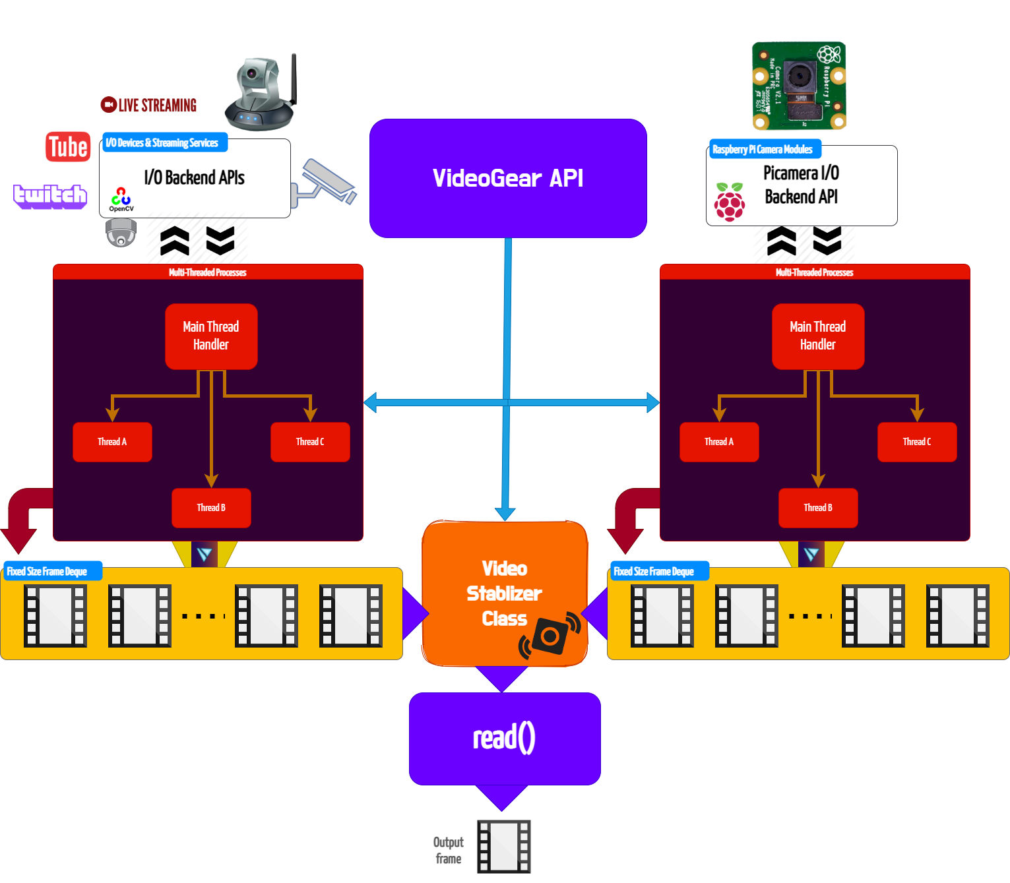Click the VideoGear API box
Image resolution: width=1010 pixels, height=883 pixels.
pyautogui.click(x=508, y=178)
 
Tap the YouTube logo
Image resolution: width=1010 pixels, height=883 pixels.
pyautogui.click(x=53, y=146)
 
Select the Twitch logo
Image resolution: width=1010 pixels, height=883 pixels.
pyautogui.click(x=50, y=196)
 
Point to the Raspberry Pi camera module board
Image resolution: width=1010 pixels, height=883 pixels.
pyautogui.click(x=799, y=86)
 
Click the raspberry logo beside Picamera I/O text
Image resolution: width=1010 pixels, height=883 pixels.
pyautogui.click(x=730, y=202)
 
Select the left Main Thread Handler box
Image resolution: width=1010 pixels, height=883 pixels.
pyautogui.click(x=211, y=336)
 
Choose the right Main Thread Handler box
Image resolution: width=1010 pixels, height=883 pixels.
pyautogui.click(x=818, y=336)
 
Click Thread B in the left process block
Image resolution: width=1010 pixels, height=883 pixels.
pyautogui.click(x=211, y=508)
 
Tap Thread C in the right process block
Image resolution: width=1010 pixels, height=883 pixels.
pyautogui.click(x=917, y=442)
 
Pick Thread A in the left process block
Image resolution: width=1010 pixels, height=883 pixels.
pyautogui.click(x=112, y=442)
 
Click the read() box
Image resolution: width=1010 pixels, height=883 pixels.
pyautogui.click(x=505, y=738)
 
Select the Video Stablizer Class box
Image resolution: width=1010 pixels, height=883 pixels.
pyautogui.click(x=505, y=593)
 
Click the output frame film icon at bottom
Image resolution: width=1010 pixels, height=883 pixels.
pyautogui.click(x=504, y=846)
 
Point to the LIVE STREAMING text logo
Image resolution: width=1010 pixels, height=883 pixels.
pyautogui.click(x=149, y=105)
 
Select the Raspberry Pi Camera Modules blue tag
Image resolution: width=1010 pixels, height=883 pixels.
pyautogui.click(x=765, y=149)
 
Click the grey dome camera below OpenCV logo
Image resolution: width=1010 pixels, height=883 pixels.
pyautogui.click(x=121, y=233)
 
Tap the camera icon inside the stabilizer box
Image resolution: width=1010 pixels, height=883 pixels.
pyautogui.click(x=550, y=636)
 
